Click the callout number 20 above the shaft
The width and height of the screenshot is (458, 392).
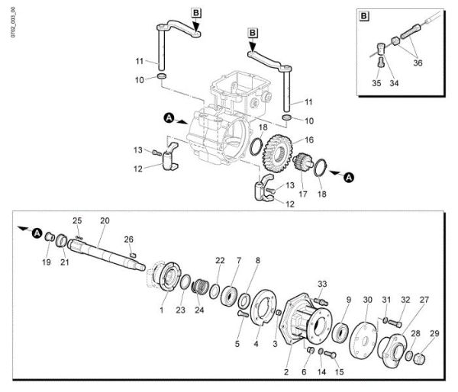(105, 220)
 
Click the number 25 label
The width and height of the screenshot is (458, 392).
(76, 220)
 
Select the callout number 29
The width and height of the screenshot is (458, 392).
(434, 333)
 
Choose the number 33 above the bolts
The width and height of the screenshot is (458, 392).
(321, 284)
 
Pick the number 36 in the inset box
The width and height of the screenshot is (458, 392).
(417, 64)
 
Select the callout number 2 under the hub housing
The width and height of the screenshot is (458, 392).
(285, 372)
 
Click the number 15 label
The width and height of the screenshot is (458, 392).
(339, 372)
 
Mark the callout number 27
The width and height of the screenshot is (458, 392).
(424, 299)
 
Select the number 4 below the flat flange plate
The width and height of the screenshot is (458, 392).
(256, 344)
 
